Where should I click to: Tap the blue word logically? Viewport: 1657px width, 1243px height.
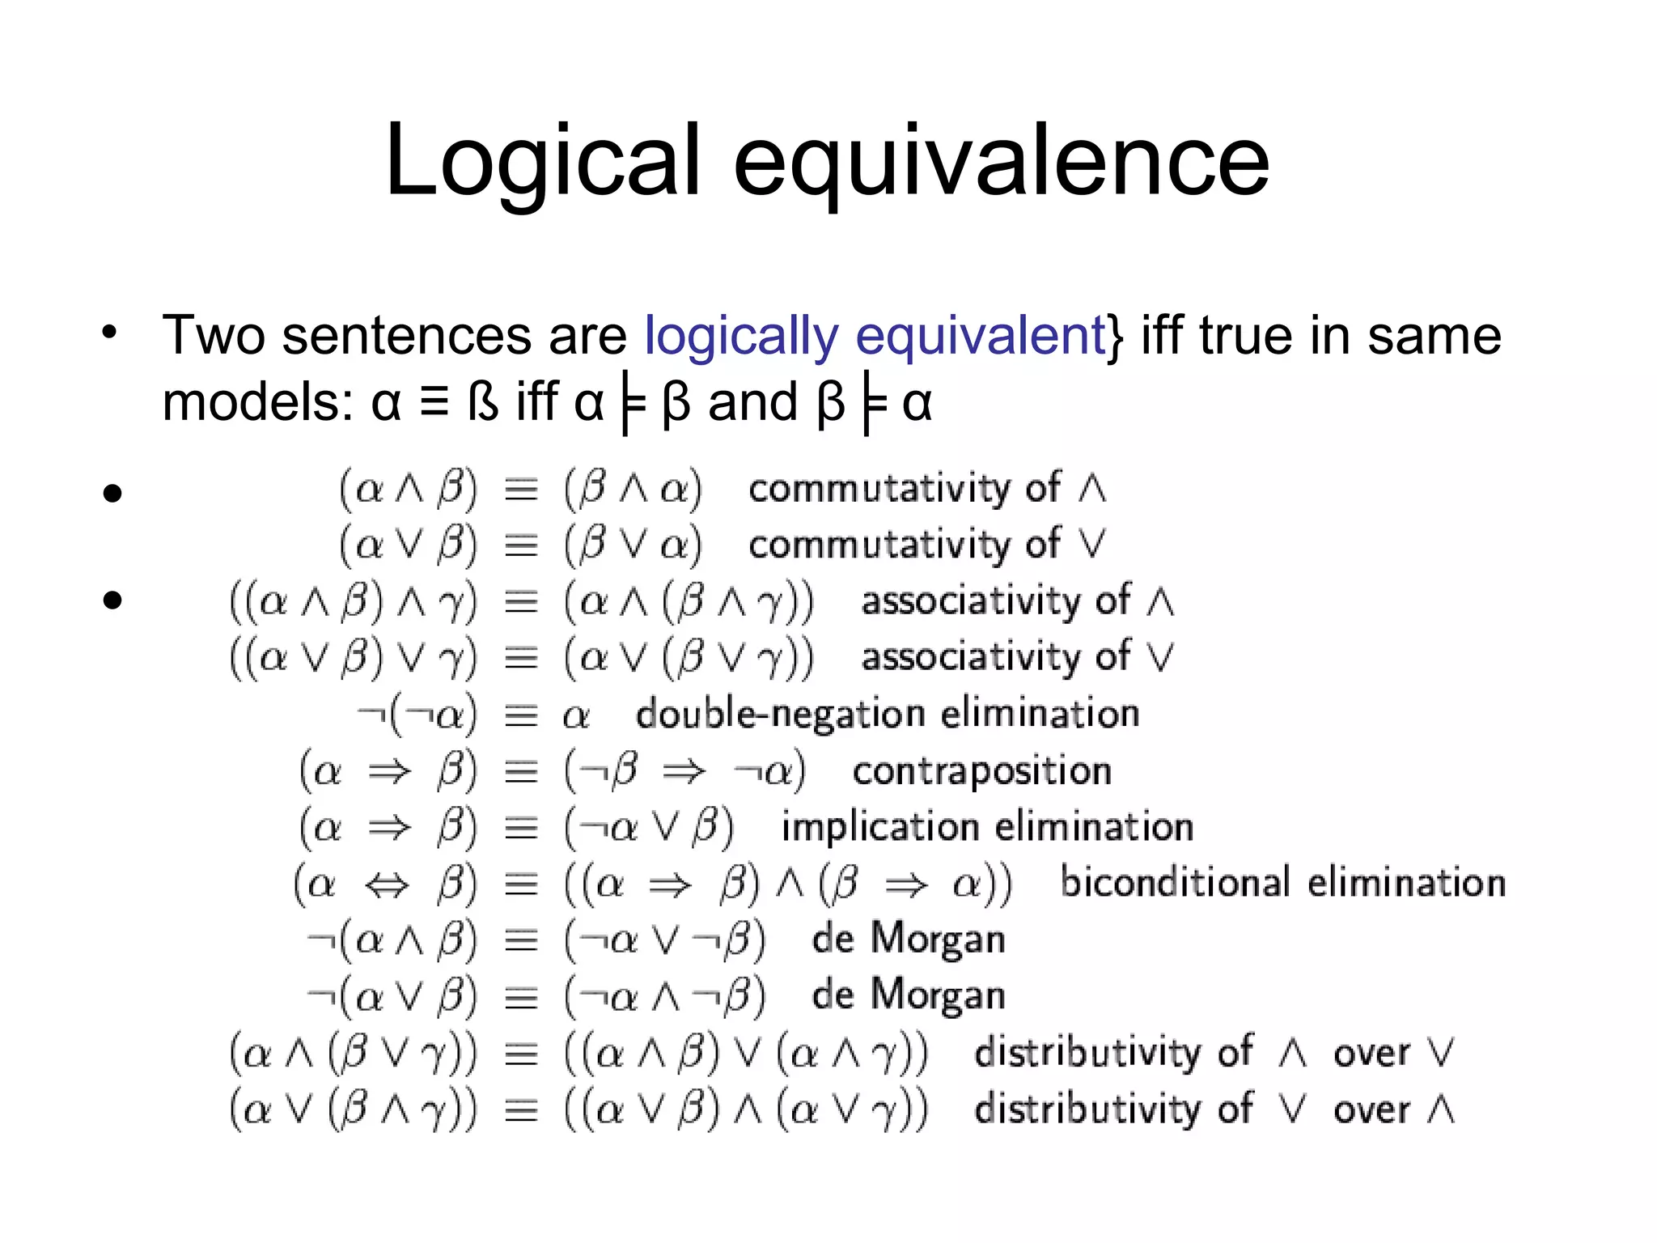point(741,337)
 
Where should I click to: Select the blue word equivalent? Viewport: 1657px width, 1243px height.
point(979,337)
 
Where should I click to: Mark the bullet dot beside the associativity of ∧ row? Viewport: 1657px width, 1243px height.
point(112,600)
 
